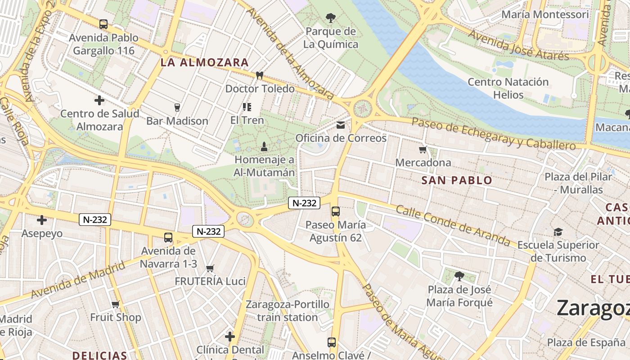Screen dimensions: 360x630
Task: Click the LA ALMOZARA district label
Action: coord(204,63)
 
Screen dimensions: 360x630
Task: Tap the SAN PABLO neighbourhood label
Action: coord(457,180)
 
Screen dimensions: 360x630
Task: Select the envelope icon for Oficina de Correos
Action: coord(341,125)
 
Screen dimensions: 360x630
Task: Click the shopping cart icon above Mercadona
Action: coord(423,149)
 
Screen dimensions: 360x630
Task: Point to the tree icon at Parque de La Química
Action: coord(331,18)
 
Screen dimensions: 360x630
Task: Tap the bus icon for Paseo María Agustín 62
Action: coord(335,211)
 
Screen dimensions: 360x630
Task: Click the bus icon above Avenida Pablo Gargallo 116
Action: coord(103,24)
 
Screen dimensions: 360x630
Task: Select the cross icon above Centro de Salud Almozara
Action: coord(99,100)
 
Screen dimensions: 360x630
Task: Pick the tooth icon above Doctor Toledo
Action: coord(259,75)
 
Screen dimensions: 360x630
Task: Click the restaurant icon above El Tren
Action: coord(247,107)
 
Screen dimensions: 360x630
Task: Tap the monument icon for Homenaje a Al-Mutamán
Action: coord(264,146)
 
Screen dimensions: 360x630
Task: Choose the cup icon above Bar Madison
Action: coord(177,107)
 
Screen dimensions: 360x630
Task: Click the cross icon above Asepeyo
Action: coord(42,220)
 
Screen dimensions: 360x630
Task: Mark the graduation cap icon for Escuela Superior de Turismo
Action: coord(558,232)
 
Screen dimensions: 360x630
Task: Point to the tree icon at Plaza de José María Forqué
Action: coord(459,276)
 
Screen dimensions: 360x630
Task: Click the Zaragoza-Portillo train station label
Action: coord(288,311)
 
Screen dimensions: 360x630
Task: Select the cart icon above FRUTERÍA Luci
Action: coord(210,268)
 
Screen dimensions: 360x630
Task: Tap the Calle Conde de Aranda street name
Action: coord(453,226)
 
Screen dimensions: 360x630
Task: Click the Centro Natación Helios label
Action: coord(508,88)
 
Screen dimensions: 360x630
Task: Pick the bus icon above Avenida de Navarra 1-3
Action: coord(168,238)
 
